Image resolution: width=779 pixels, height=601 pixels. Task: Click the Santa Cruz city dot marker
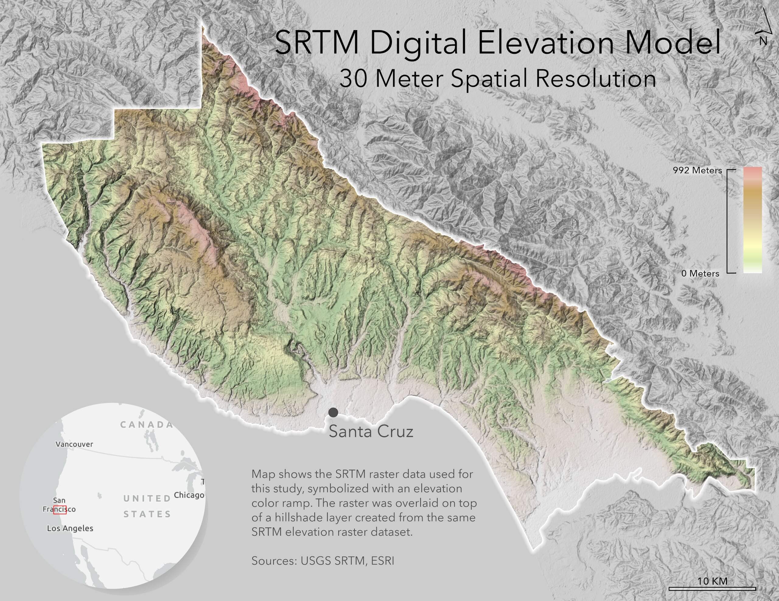pyautogui.click(x=333, y=412)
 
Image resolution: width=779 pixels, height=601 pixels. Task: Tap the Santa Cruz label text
pyautogui.click(x=371, y=431)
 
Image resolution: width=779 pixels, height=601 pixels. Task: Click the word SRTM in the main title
pyautogui.click(x=317, y=43)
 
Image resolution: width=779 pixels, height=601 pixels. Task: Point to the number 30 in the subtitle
pyautogui.click(x=353, y=78)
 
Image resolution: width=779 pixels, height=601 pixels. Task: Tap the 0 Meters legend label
pyautogui.click(x=700, y=273)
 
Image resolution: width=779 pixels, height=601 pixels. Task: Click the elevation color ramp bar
pyautogui.click(x=753, y=220)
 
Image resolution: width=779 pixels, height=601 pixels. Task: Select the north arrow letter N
pyautogui.click(x=763, y=41)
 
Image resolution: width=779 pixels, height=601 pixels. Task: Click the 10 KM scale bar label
pyautogui.click(x=712, y=581)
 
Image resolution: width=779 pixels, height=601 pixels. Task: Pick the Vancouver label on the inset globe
pyautogui.click(x=74, y=444)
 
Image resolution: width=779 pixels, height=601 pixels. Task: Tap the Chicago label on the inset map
pyautogui.click(x=189, y=495)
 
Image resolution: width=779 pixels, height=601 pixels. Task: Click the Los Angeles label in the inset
pyautogui.click(x=70, y=528)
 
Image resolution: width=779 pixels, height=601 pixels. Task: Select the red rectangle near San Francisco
pyautogui.click(x=60, y=510)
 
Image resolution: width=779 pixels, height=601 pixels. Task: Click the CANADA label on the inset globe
pyautogui.click(x=146, y=425)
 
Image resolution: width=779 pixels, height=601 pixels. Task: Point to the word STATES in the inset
pyautogui.click(x=147, y=514)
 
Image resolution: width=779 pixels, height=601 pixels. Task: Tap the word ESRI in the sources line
pyautogui.click(x=383, y=561)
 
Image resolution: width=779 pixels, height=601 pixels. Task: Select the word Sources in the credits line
pyautogui.click(x=274, y=561)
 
